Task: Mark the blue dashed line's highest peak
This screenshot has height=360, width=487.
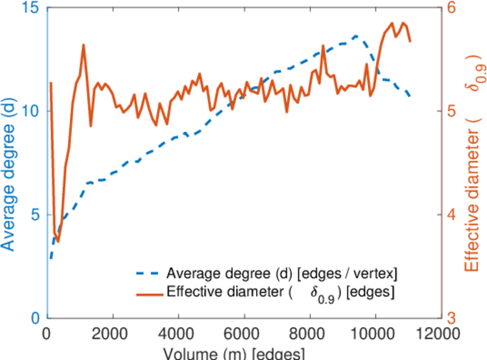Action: pos(356,35)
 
